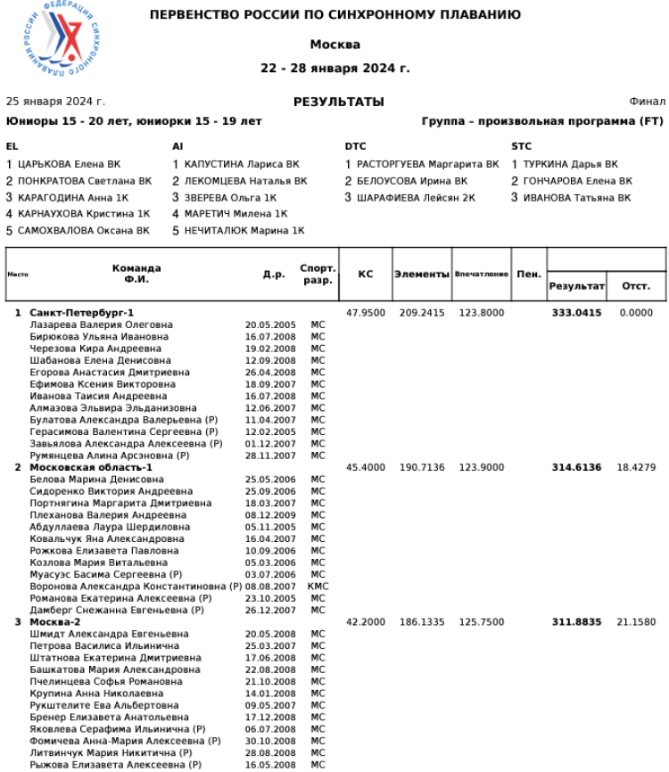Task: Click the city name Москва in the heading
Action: pos(334,45)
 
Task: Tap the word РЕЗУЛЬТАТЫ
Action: pos(338,102)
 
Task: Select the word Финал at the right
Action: pos(647,102)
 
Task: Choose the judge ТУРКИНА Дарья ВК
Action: pos(569,164)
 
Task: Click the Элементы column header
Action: pos(421,275)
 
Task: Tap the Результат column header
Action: pos(576,286)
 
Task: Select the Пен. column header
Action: pos(528,275)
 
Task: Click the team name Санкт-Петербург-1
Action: pos(81,313)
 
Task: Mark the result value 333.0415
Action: pos(576,313)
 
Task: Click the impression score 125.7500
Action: pos(482,621)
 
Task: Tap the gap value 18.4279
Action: pos(636,467)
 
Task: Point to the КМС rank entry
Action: pos(318,587)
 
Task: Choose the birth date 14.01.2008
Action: pos(270,693)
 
